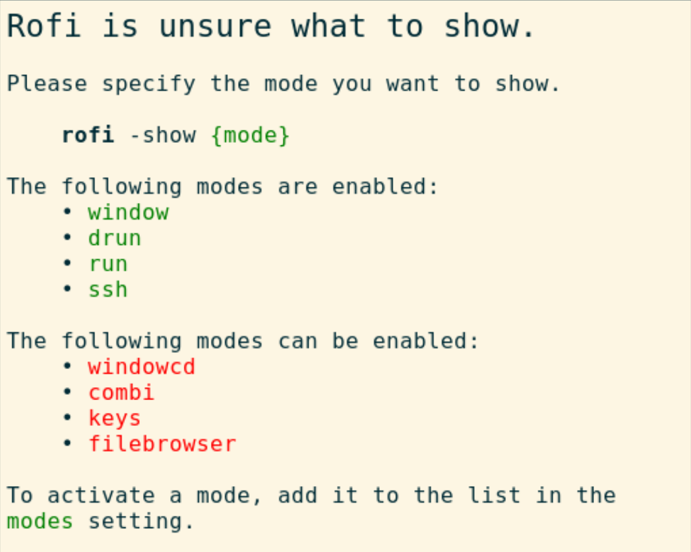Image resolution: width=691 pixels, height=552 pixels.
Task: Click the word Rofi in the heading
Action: tap(44, 25)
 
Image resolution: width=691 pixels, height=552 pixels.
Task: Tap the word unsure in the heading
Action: tap(215, 27)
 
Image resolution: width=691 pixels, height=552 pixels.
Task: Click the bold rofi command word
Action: tap(88, 134)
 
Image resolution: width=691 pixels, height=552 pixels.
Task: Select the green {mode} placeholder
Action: tap(250, 136)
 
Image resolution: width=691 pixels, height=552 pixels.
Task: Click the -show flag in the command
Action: tap(163, 134)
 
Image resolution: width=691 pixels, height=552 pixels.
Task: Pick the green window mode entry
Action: tap(128, 212)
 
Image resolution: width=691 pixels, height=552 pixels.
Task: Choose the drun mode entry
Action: tap(115, 238)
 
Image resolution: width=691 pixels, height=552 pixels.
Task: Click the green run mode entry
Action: tap(108, 264)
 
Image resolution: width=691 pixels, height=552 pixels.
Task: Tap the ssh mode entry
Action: tap(108, 290)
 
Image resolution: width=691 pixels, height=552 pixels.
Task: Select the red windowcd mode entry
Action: tap(142, 366)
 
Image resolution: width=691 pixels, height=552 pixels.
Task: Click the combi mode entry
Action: tap(121, 392)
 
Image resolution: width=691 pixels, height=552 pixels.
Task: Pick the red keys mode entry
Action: tap(115, 419)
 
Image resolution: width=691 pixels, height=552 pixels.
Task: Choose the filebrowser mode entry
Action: tap(162, 443)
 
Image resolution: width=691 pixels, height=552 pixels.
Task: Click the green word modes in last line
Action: tap(40, 522)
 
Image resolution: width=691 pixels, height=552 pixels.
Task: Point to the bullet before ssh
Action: tap(67, 289)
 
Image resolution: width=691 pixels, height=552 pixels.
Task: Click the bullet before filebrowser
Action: tap(67, 443)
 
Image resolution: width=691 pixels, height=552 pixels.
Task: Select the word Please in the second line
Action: tap(47, 83)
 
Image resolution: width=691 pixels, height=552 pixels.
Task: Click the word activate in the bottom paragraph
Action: tap(102, 496)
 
